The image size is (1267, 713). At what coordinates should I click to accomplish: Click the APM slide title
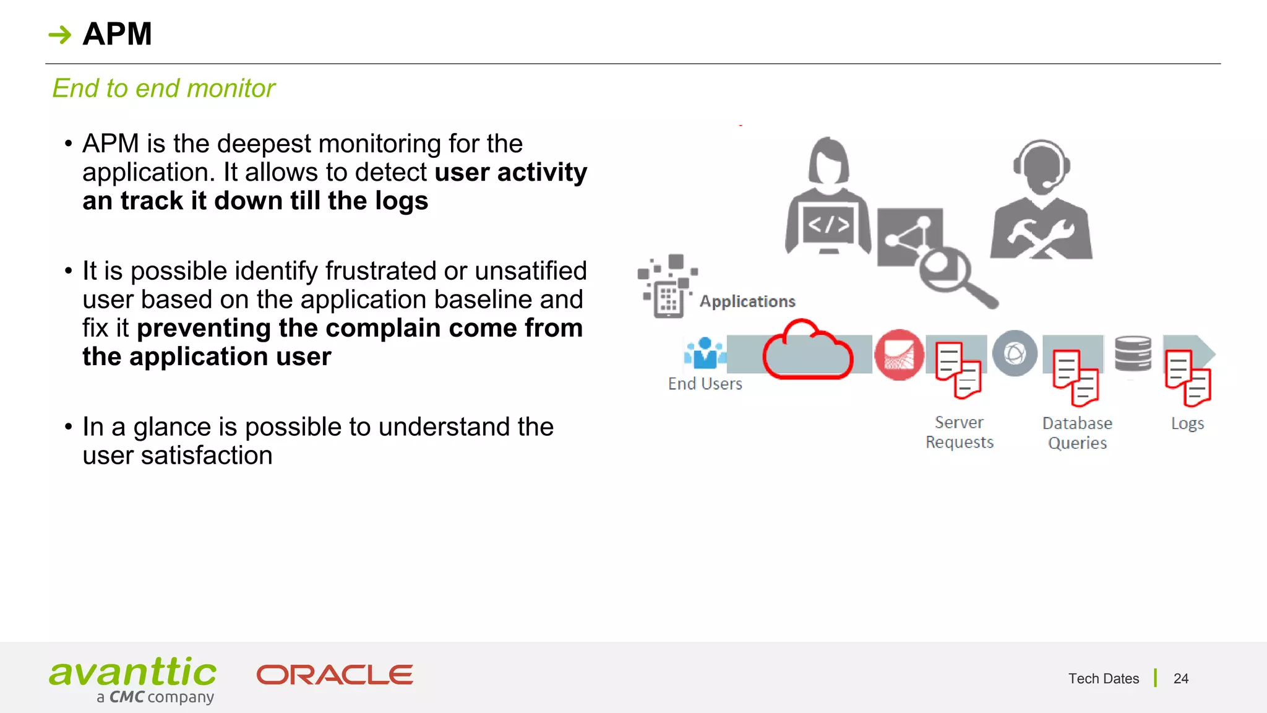[x=117, y=34]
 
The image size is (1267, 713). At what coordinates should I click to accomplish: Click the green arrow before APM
[x=60, y=35]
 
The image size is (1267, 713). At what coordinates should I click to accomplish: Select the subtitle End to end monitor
[x=163, y=89]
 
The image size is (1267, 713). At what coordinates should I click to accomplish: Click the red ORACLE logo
[x=335, y=675]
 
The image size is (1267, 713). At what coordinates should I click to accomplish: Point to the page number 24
[x=1180, y=678]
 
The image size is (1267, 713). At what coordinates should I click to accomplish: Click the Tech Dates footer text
[x=1103, y=678]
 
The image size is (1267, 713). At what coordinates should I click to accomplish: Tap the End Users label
[x=705, y=384]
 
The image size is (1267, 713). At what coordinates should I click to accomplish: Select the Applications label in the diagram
[x=747, y=301]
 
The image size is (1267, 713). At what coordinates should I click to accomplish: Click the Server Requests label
[x=959, y=432]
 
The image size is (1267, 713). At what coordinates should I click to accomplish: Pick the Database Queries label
[x=1077, y=433]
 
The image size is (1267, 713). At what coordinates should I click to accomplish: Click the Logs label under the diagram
[x=1187, y=423]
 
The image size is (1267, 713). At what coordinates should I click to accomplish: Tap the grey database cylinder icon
[x=1133, y=353]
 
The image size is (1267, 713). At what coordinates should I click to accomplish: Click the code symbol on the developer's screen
[x=829, y=225]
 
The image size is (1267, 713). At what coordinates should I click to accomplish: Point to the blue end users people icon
[x=705, y=353]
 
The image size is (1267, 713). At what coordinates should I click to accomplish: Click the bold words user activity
[x=510, y=173]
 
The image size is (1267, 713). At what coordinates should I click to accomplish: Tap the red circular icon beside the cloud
[x=899, y=355]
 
